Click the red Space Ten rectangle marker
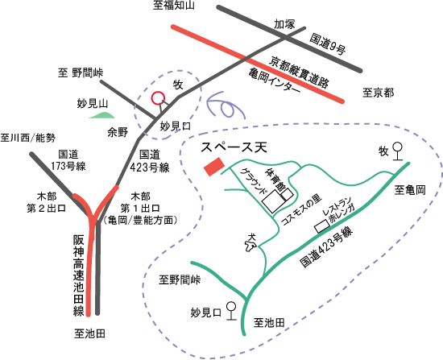coord(214,167)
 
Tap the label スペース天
coord(234,147)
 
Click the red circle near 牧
coord(158,98)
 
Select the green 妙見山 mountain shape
coord(102,115)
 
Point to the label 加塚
coord(284,24)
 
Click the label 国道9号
coord(328,43)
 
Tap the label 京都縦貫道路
coord(299,72)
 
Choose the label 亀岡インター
coord(275,81)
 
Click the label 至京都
coord(378,93)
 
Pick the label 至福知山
coord(174,5)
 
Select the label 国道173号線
coord(68,160)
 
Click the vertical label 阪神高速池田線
coord(79,275)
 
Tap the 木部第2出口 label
coord(47,202)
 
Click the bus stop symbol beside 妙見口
coord(231,311)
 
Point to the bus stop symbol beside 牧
coord(398,151)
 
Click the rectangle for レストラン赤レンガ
coord(322,226)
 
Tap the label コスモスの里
coord(302,209)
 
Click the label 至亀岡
coord(410,190)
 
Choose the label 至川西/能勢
coord(27,139)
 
